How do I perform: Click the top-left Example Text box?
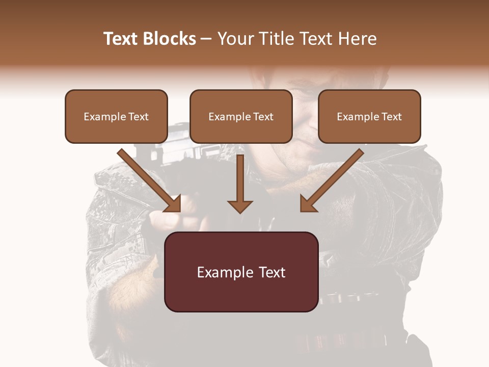pos(116,116)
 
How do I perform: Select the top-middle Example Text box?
pos(241,116)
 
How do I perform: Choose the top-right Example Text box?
pos(369,116)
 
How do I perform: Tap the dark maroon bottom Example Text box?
pos(241,272)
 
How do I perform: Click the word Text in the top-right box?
pos(391,117)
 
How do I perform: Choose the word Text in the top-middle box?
pos(263,117)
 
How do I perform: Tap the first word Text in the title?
pos(121,39)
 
